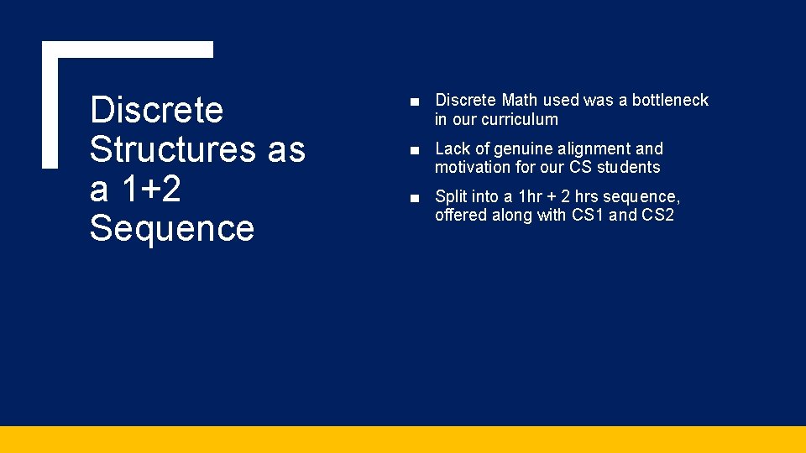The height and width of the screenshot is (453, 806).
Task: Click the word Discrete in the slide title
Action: click(x=156, y=110)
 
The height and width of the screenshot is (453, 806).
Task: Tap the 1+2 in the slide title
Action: click(x=151, y=189)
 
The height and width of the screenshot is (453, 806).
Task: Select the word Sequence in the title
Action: click(x=172, y=228)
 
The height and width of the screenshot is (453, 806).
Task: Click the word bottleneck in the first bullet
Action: click(x=670, y=101)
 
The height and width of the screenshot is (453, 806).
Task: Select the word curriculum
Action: click(x=516, y=119)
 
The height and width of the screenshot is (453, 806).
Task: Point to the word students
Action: click(x=628, y=168)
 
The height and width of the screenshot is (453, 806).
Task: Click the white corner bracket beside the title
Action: click(x=51, y=101)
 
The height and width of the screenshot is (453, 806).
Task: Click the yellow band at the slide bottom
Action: click(x=403, y=440)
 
